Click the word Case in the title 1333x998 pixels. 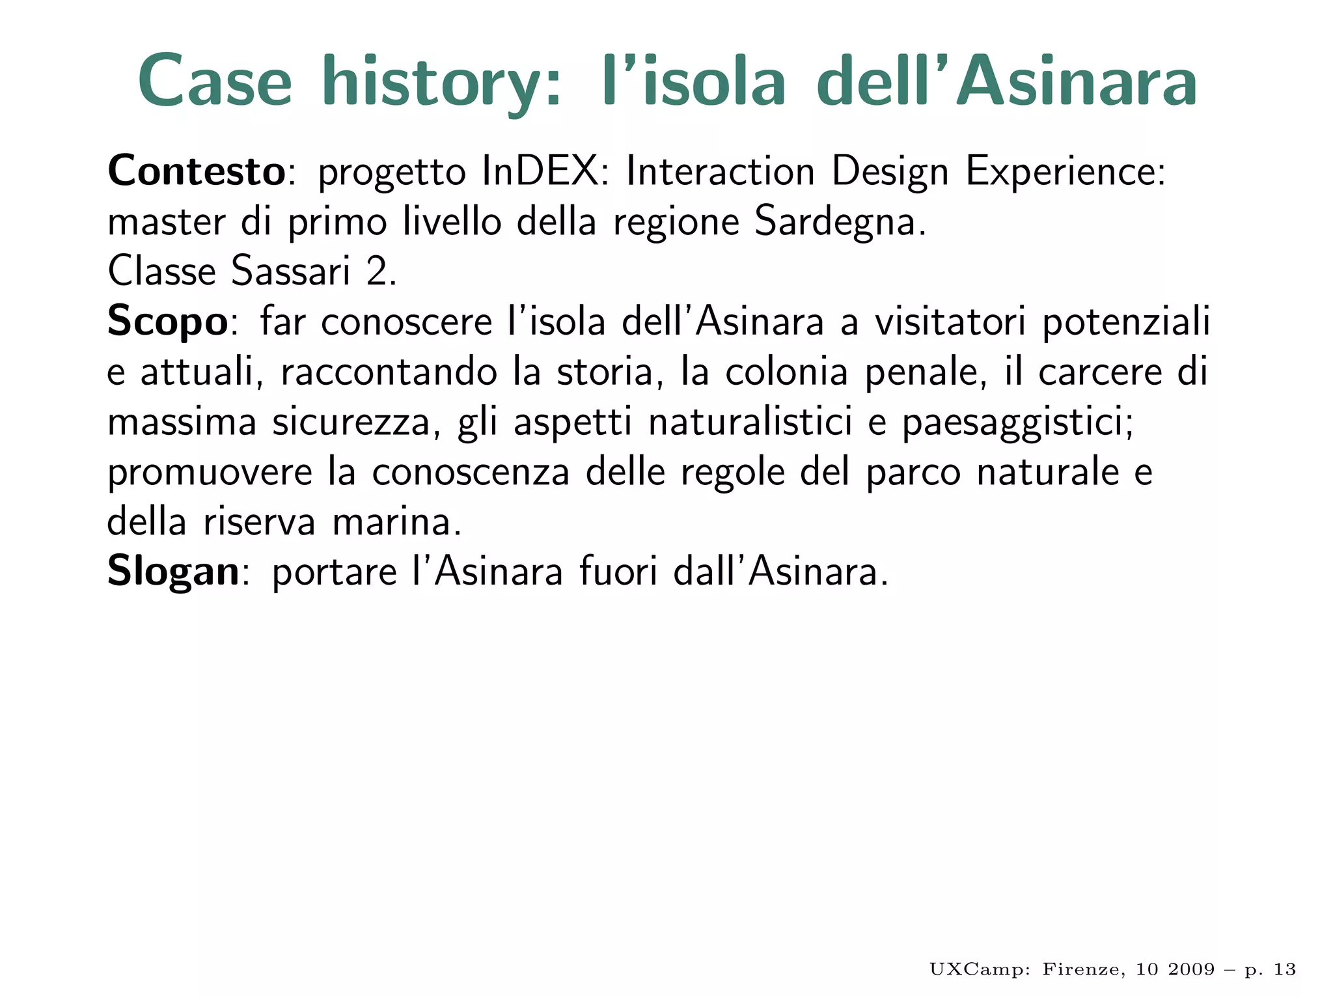point(215,81)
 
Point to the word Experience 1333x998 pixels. point(1065,172)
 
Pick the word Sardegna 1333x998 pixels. point(840,223)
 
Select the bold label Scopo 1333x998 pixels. point(167,322)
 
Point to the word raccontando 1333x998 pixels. point(389,372)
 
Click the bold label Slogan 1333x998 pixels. point(173,572)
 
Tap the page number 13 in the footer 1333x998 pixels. point(1284,969)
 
